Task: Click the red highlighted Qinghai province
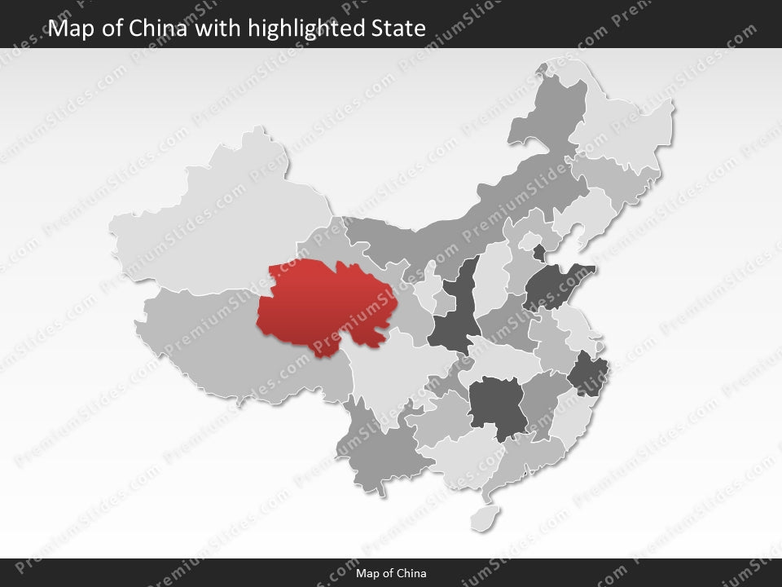pos(326,302)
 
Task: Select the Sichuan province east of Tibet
pos(391,367)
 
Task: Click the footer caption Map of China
pos(391,573)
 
